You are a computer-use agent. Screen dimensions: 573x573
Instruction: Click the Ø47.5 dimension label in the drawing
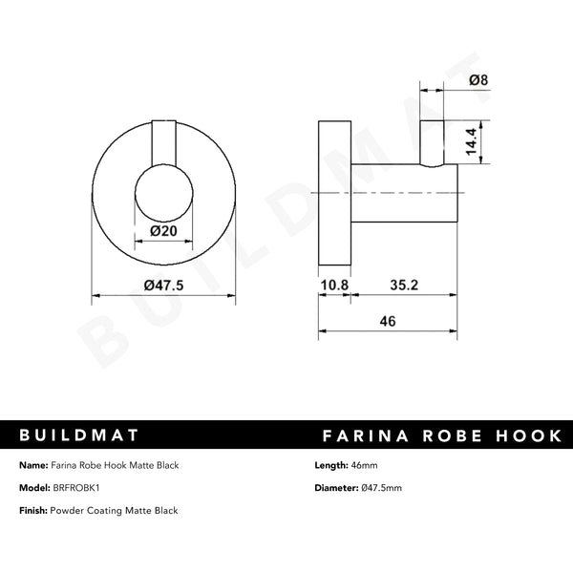pos(161,285)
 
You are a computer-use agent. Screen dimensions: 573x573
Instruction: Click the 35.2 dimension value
pos(405,285)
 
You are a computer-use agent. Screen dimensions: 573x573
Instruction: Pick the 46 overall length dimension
pos(388,322)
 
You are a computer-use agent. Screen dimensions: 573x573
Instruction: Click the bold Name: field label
pos(34,465)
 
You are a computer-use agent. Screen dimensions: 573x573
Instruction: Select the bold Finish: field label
pos(36,511)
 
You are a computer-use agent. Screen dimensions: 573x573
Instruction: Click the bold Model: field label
pos(36,488)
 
